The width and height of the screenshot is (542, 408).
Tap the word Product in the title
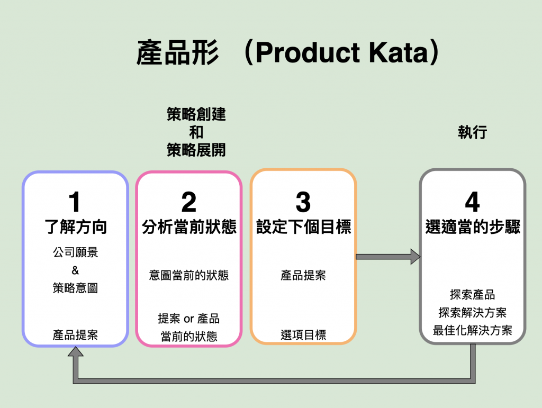(x=309, y=52)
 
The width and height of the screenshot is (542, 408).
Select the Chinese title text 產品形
(x=178, y=52)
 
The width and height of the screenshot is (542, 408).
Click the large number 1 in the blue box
(x=75, y=202)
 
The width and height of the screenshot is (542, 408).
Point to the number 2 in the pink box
(x=189, y=202)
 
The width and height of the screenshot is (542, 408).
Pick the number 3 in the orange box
(x=303, y=202)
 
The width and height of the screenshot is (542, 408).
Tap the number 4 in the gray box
(x=472, y=202)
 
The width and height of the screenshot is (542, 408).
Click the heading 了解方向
(x=76, y=227)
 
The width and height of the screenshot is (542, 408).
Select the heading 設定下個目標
(x=303, y=227)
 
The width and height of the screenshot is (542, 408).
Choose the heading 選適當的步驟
(x=473, y=227)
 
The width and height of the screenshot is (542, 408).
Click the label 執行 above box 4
(x=473, y=132)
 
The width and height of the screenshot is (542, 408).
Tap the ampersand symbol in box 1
(x=75, y=270)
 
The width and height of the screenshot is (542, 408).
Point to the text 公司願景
(x=75, y=252)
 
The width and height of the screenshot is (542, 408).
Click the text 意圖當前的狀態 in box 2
(x=189, y=275)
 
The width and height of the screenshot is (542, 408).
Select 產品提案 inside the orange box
(x=303, y=275)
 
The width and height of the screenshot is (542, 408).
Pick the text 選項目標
(x=303, y=335)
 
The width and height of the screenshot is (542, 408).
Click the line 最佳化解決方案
(x=472, y=330)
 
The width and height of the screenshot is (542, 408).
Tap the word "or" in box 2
(x=189, y=319)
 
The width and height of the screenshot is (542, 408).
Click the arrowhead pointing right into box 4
(x=415, y=257)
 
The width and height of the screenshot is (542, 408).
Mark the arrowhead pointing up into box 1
(x=75, y=351)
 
